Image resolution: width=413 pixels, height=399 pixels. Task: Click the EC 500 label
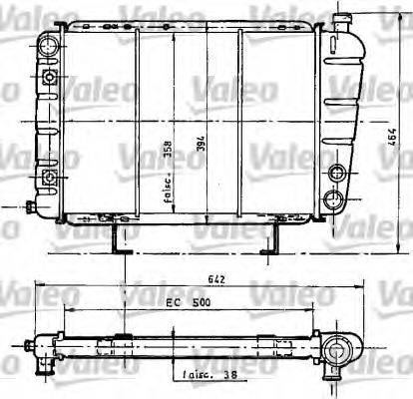coord(187,298)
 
